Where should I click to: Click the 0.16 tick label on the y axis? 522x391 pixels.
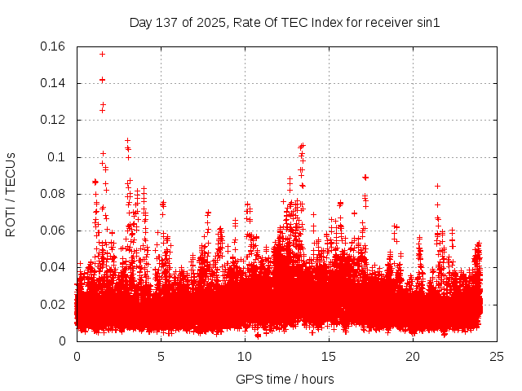(55, 46)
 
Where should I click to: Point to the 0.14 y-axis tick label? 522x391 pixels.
(55, 83)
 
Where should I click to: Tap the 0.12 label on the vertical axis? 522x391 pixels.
(55, 120)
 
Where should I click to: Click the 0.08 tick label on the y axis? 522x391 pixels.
(55, 194)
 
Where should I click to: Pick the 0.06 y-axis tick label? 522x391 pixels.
(55, 231)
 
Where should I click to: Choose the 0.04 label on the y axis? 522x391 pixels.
(55, 267)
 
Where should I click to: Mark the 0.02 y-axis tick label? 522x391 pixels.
(55, 305)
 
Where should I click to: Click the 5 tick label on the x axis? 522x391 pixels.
(161, 356)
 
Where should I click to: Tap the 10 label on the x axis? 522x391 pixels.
(245, 356)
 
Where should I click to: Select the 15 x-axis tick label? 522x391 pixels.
(329, 356)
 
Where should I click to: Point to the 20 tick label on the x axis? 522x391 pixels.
(413, 356)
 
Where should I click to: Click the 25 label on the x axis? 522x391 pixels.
(497, 356)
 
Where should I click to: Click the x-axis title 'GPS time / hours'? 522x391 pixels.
(285, 379)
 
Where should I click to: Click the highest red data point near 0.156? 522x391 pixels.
(102, 54)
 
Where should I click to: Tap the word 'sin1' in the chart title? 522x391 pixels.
(428, 23)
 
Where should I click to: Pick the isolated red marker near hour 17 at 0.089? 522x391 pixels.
(365, 177)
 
